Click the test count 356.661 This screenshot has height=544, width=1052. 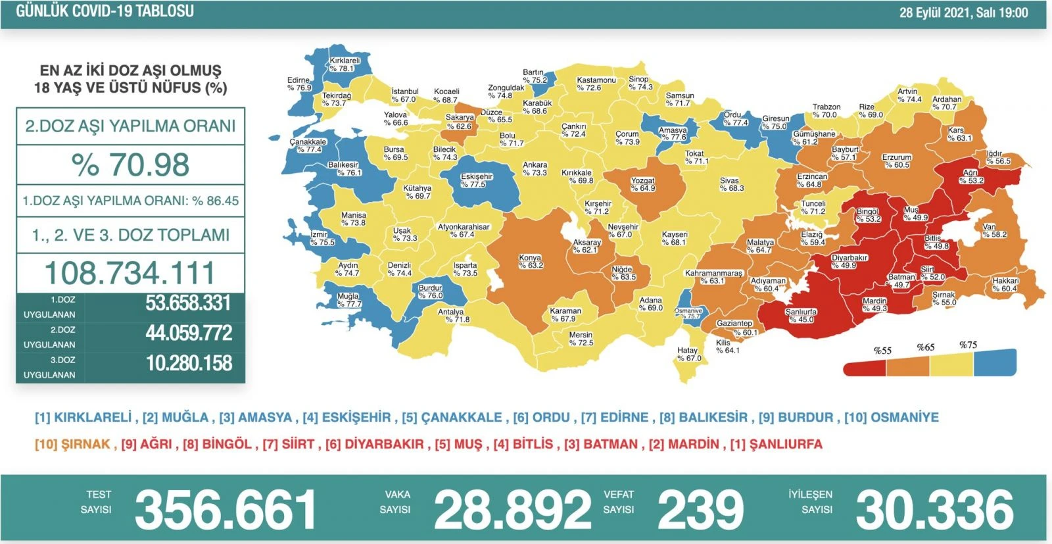[226, 510]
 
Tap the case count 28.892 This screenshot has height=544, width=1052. [512, 510]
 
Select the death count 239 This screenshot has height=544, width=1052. [700, 510]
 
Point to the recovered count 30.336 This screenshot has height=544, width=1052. [934, 510]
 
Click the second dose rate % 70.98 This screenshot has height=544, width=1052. [130, 164]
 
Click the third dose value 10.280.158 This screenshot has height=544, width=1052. [189, 363]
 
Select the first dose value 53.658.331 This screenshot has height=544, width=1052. [188, 303]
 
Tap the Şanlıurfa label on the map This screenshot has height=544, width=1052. [801, 316]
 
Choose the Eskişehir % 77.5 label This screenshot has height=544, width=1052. [477, 181]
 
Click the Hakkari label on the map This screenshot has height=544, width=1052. [1005, 285]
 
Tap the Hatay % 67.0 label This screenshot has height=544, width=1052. [688, 355]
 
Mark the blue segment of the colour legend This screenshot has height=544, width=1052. [994, 362]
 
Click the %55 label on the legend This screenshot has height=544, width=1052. [882, 351]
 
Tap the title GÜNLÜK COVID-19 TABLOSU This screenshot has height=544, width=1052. [105, 11]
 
